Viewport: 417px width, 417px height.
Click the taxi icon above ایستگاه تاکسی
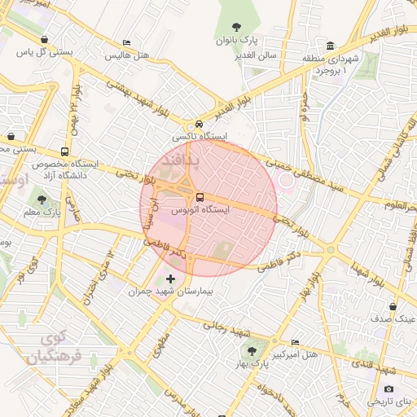199,125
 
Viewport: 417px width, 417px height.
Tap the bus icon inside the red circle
200,197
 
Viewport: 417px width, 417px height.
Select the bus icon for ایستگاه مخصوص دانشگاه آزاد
64,151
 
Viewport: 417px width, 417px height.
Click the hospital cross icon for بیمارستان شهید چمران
169,279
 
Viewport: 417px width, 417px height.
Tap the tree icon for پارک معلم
42,200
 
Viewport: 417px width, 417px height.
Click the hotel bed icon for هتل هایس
125,43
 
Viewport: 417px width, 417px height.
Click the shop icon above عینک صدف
393,307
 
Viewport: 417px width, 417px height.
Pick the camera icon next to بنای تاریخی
388,389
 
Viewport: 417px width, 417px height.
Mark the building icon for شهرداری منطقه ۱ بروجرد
330,46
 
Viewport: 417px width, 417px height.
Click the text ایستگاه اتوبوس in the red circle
200,209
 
